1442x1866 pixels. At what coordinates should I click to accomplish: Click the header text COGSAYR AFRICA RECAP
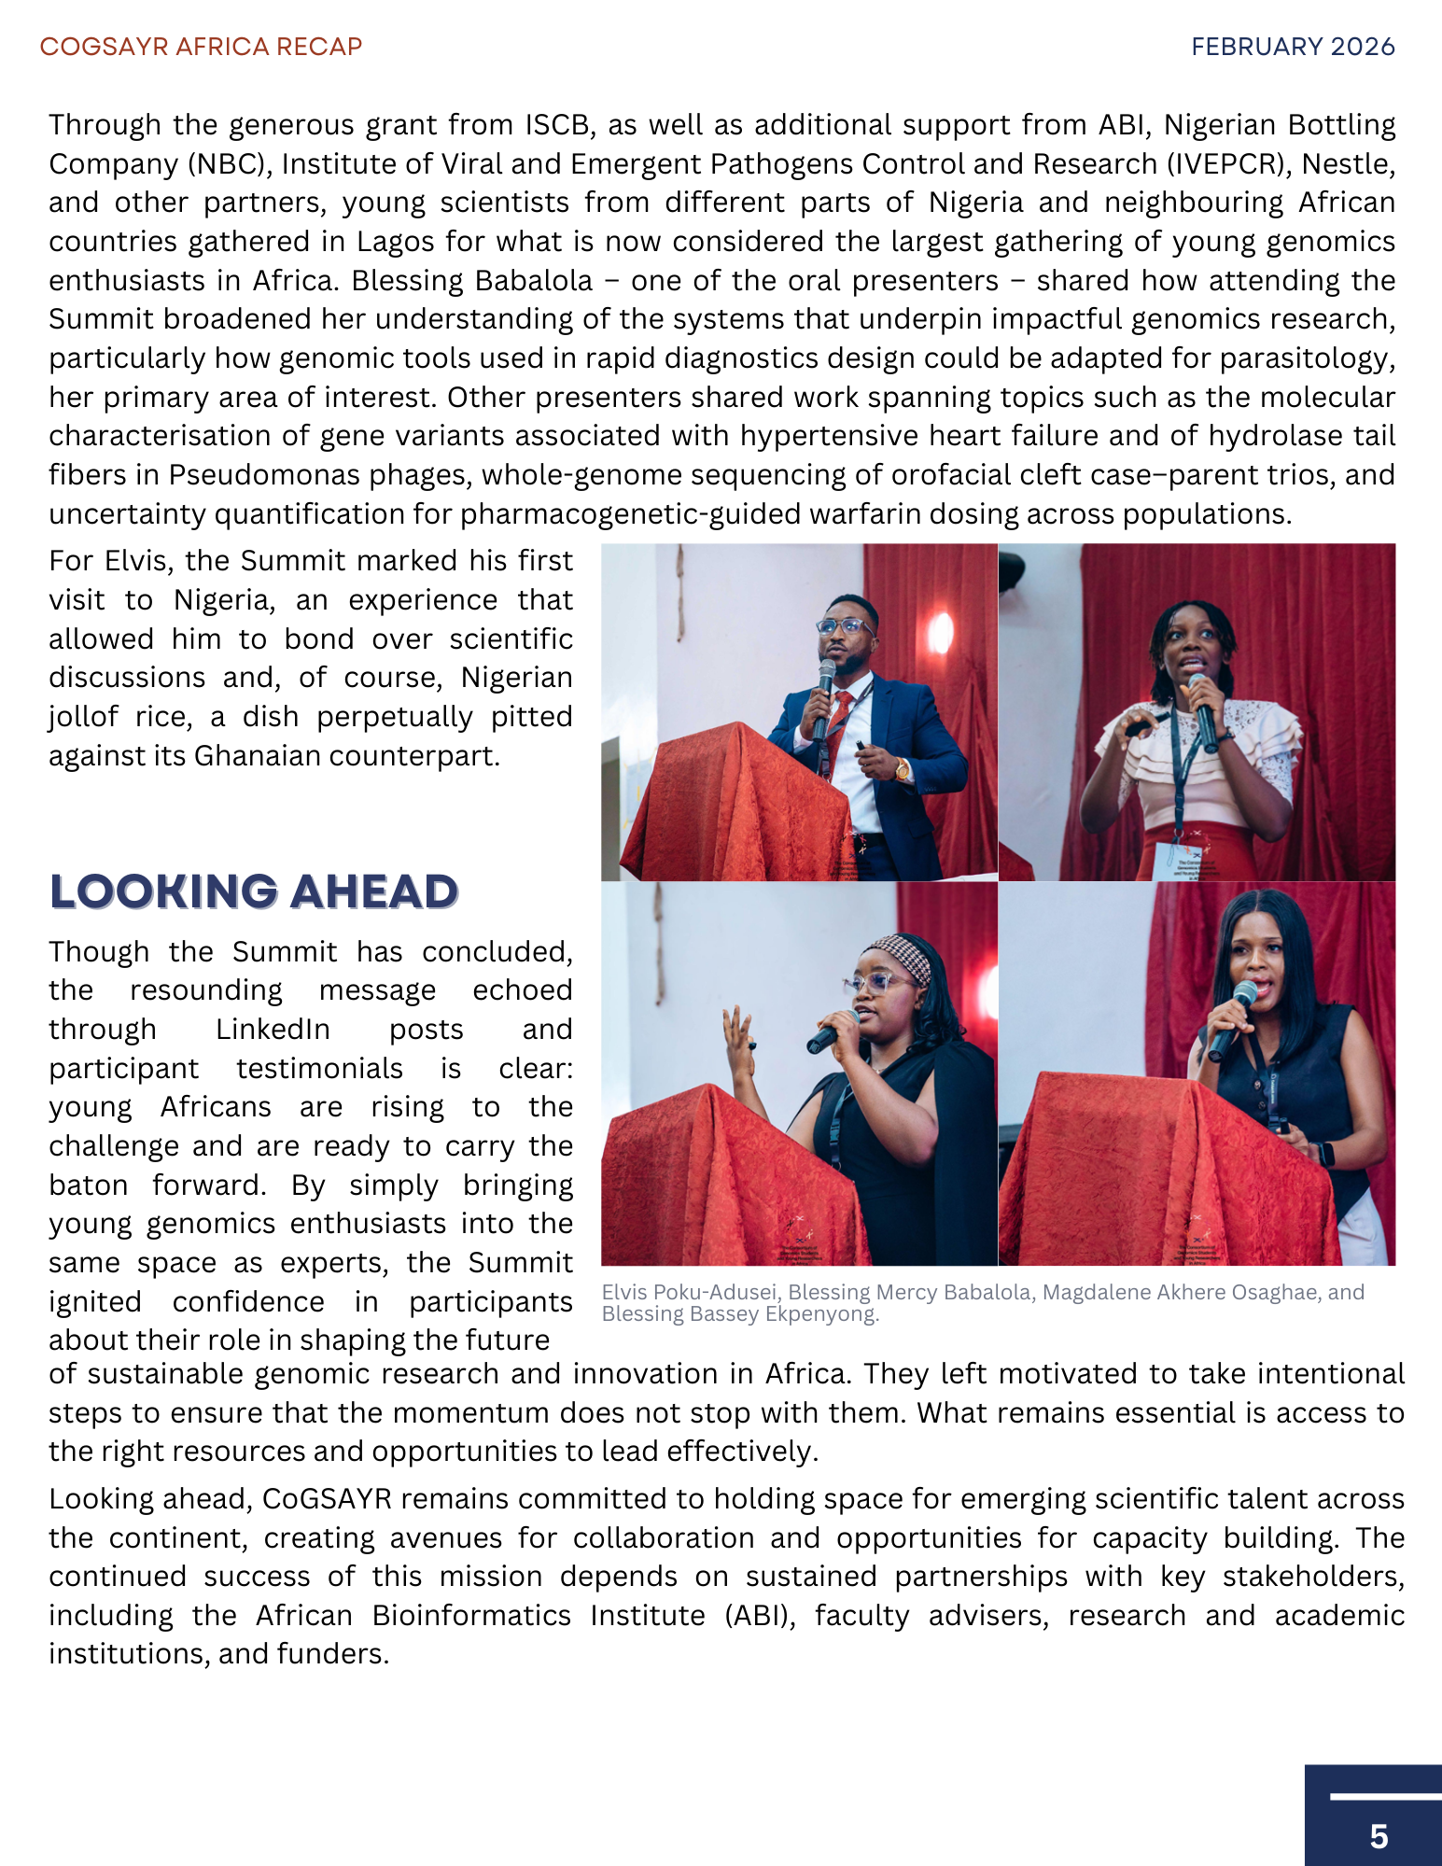click(201, 47)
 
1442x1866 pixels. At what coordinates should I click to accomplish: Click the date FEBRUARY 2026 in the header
click(1293, 47)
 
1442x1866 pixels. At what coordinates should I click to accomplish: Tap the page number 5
click(1379, 1836)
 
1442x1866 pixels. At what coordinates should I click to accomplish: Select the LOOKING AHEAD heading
click(254, 892)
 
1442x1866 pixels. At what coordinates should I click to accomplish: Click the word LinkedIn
click(273, 1029)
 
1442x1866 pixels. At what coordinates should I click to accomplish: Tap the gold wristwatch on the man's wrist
click(903, 770)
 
